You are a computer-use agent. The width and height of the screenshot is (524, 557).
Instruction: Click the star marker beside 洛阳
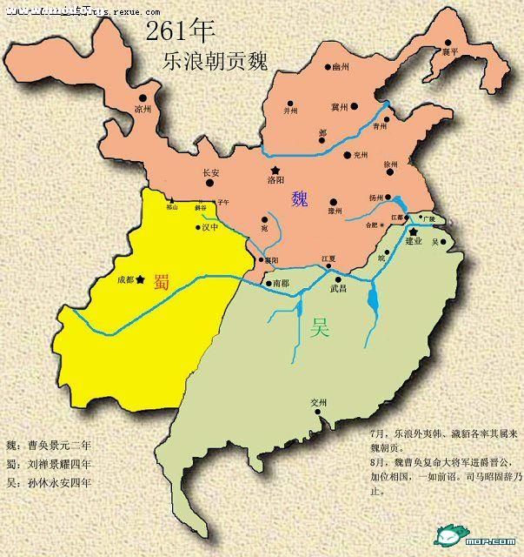275,170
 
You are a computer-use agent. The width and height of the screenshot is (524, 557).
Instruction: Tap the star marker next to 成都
141,279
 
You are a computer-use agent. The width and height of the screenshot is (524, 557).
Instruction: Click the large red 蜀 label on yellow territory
161,281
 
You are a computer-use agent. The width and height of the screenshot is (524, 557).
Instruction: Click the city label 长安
211,172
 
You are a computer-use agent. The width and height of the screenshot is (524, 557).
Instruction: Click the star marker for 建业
414,231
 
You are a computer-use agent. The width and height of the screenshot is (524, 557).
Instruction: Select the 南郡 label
280,284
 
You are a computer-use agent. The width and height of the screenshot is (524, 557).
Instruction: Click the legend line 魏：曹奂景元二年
47,444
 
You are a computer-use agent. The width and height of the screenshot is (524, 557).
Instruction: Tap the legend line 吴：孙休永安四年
47,481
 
